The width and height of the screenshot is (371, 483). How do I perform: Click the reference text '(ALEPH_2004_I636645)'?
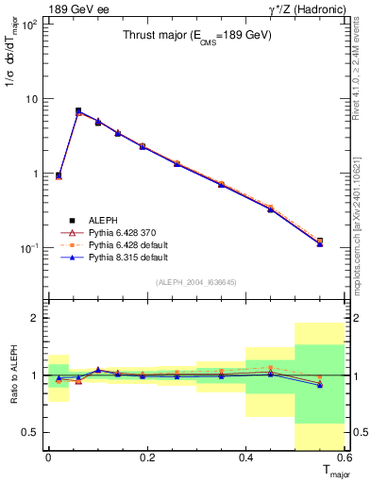point(196,282)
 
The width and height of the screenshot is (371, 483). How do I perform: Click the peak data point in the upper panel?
point(78,111)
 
